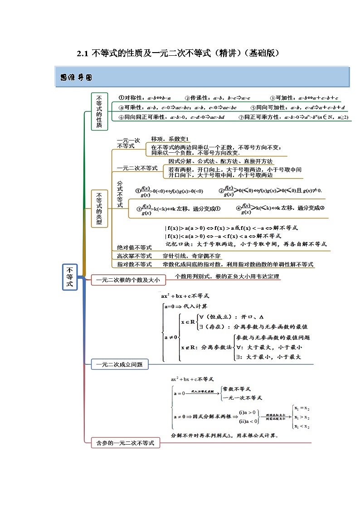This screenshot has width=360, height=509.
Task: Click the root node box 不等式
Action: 70,277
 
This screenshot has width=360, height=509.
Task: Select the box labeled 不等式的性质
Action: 99,111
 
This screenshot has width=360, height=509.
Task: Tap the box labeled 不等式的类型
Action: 99,208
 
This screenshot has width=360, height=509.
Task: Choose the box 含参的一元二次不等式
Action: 126,443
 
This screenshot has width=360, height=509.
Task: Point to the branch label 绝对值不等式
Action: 134,247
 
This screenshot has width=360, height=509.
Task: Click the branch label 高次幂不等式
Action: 134,256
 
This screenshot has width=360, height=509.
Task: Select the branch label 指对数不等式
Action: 134,264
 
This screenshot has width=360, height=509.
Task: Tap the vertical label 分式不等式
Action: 120,194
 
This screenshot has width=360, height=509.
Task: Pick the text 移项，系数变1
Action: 170,139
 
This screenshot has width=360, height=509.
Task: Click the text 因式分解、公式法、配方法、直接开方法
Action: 220,161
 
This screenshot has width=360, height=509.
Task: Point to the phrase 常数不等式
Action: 237,389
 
